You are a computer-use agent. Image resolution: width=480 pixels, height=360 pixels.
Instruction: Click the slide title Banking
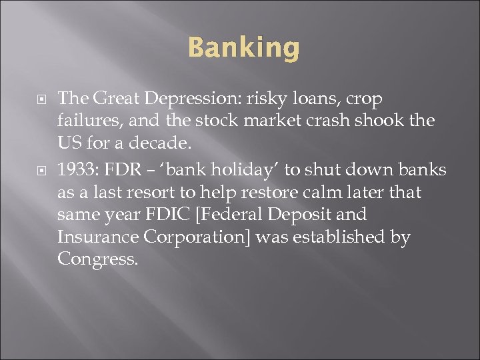click(243, 49)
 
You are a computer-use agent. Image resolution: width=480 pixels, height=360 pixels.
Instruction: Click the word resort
click(152, 193)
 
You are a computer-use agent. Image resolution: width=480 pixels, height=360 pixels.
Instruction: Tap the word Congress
click(97, 259)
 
